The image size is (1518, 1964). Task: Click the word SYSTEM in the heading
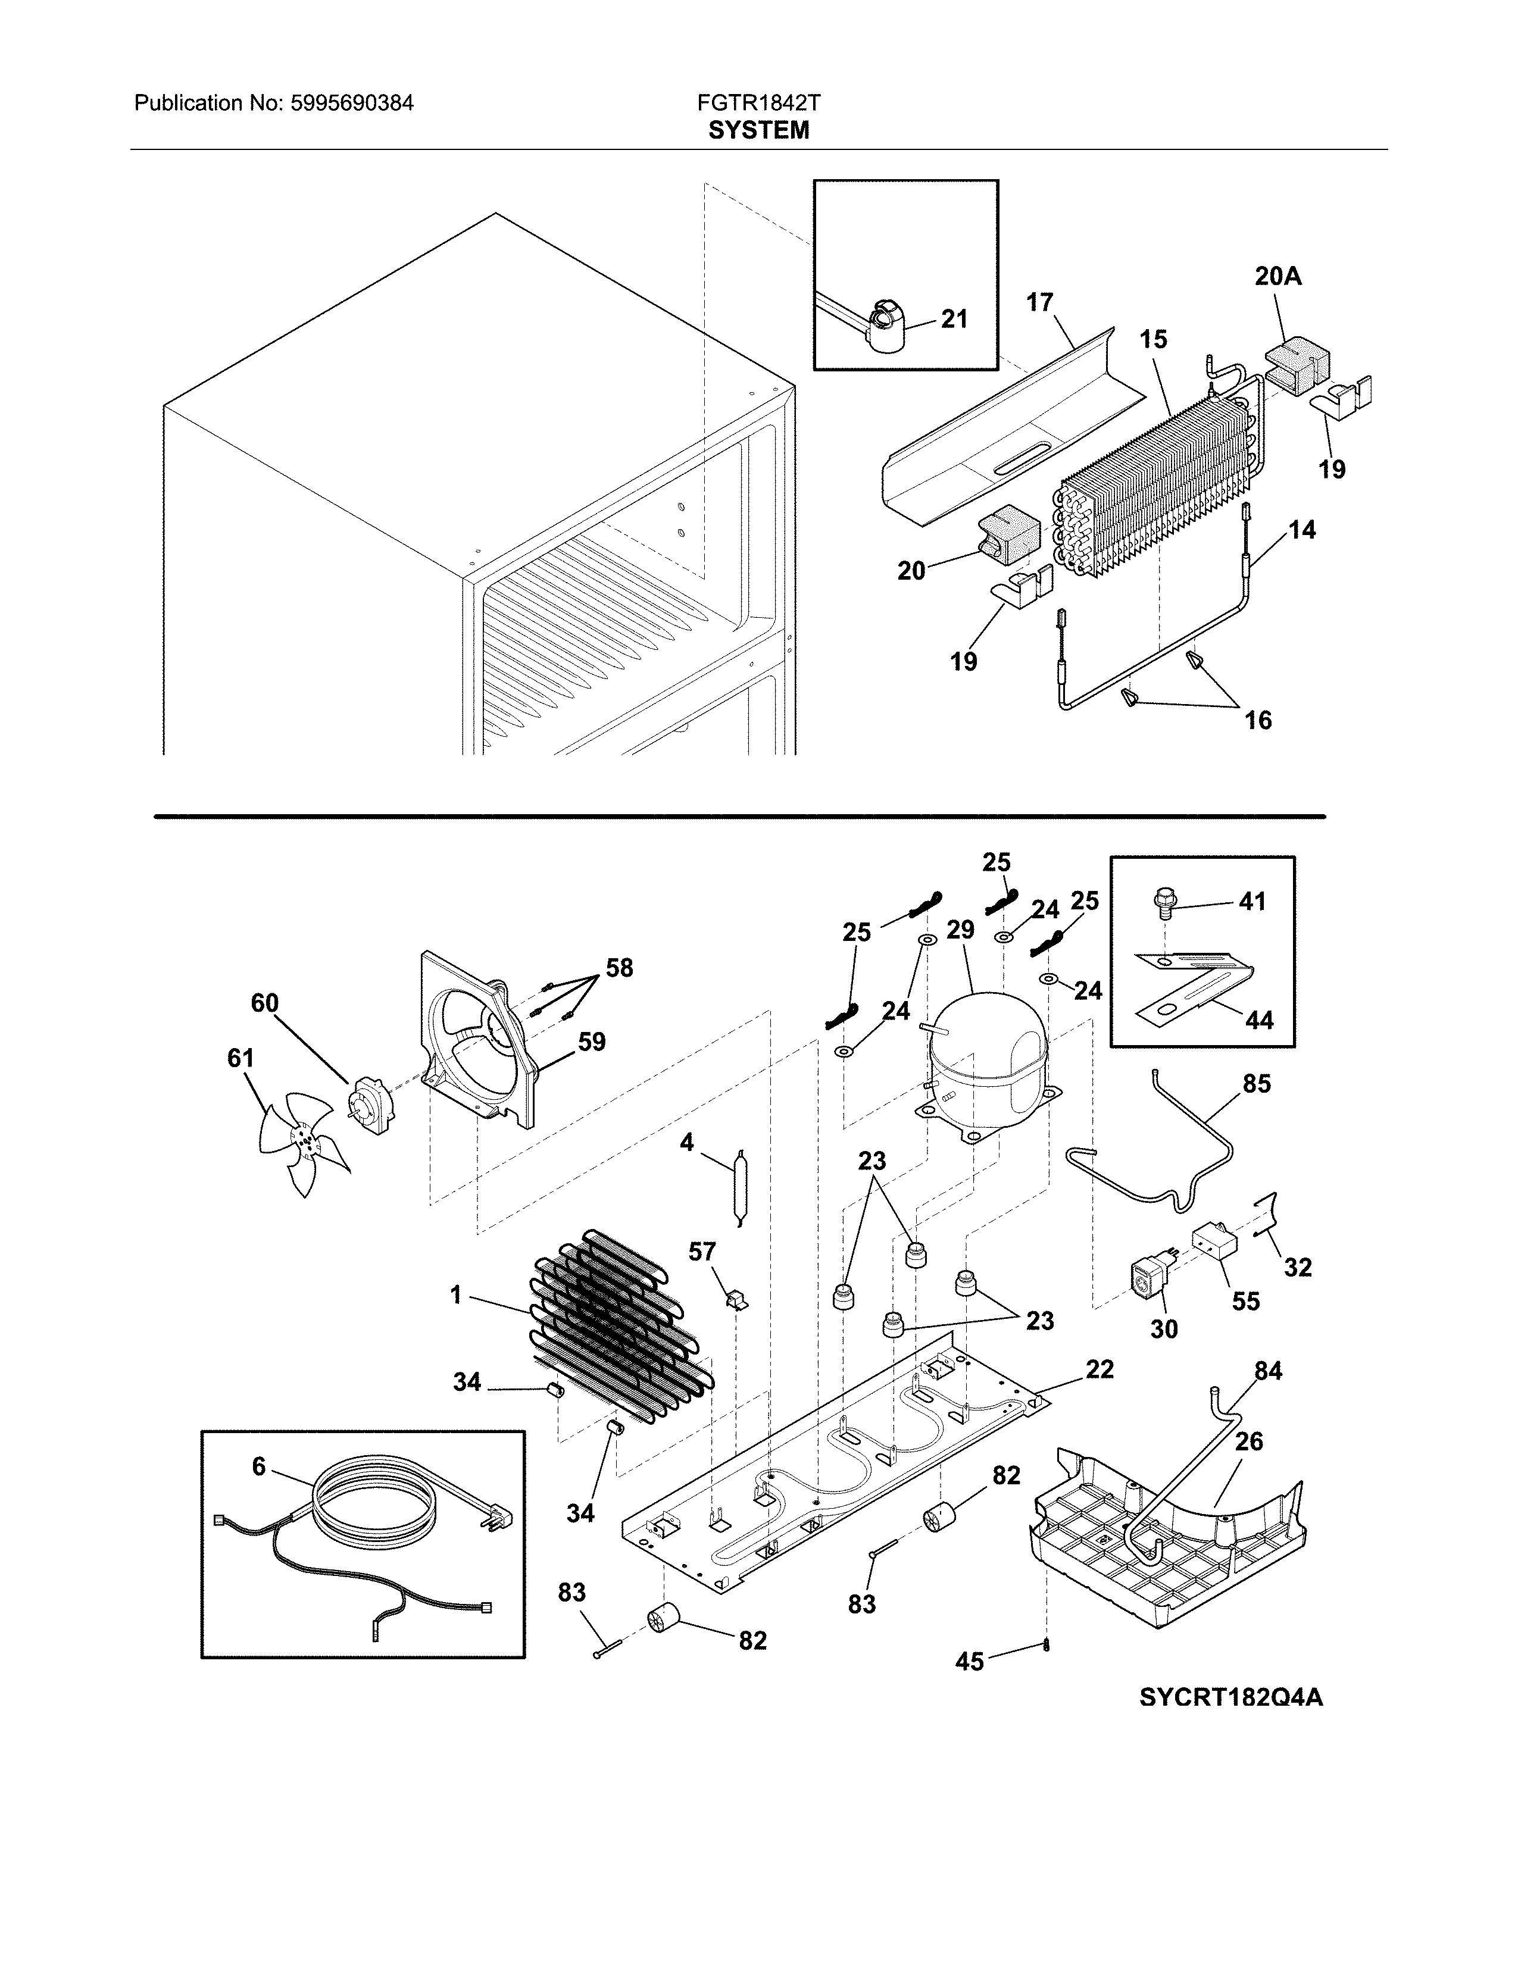tap(758, 132)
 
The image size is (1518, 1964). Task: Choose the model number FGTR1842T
tap(758, 104)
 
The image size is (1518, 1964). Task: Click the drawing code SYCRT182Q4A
tap(1230, 1698)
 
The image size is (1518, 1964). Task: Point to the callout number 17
tap(1039, 303)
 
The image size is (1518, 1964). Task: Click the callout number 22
tap(1099, 1369)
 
